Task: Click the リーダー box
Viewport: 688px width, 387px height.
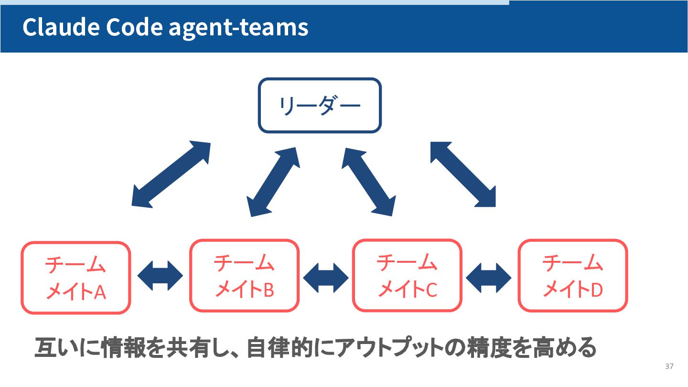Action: pos(320,105)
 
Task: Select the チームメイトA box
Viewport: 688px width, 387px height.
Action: pos(75,278)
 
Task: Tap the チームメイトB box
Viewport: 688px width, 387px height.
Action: pos(244,276)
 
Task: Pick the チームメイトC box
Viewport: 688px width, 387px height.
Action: pos(407,275)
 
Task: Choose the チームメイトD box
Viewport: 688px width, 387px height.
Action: pos(572,276)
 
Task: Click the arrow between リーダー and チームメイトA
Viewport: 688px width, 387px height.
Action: pos(171,174)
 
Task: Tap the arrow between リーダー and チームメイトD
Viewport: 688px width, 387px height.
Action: pos(463,174)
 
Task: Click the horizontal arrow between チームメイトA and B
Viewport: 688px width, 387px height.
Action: pos(160,276)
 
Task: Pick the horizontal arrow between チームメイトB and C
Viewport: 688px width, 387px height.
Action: pos(326,277)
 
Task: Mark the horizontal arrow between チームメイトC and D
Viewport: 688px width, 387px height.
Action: pos(489,277)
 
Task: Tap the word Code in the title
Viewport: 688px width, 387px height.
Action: pos(134,28)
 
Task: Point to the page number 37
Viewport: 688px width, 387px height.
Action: pos(669,366)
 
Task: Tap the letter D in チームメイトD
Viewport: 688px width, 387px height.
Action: pos(597,290)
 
